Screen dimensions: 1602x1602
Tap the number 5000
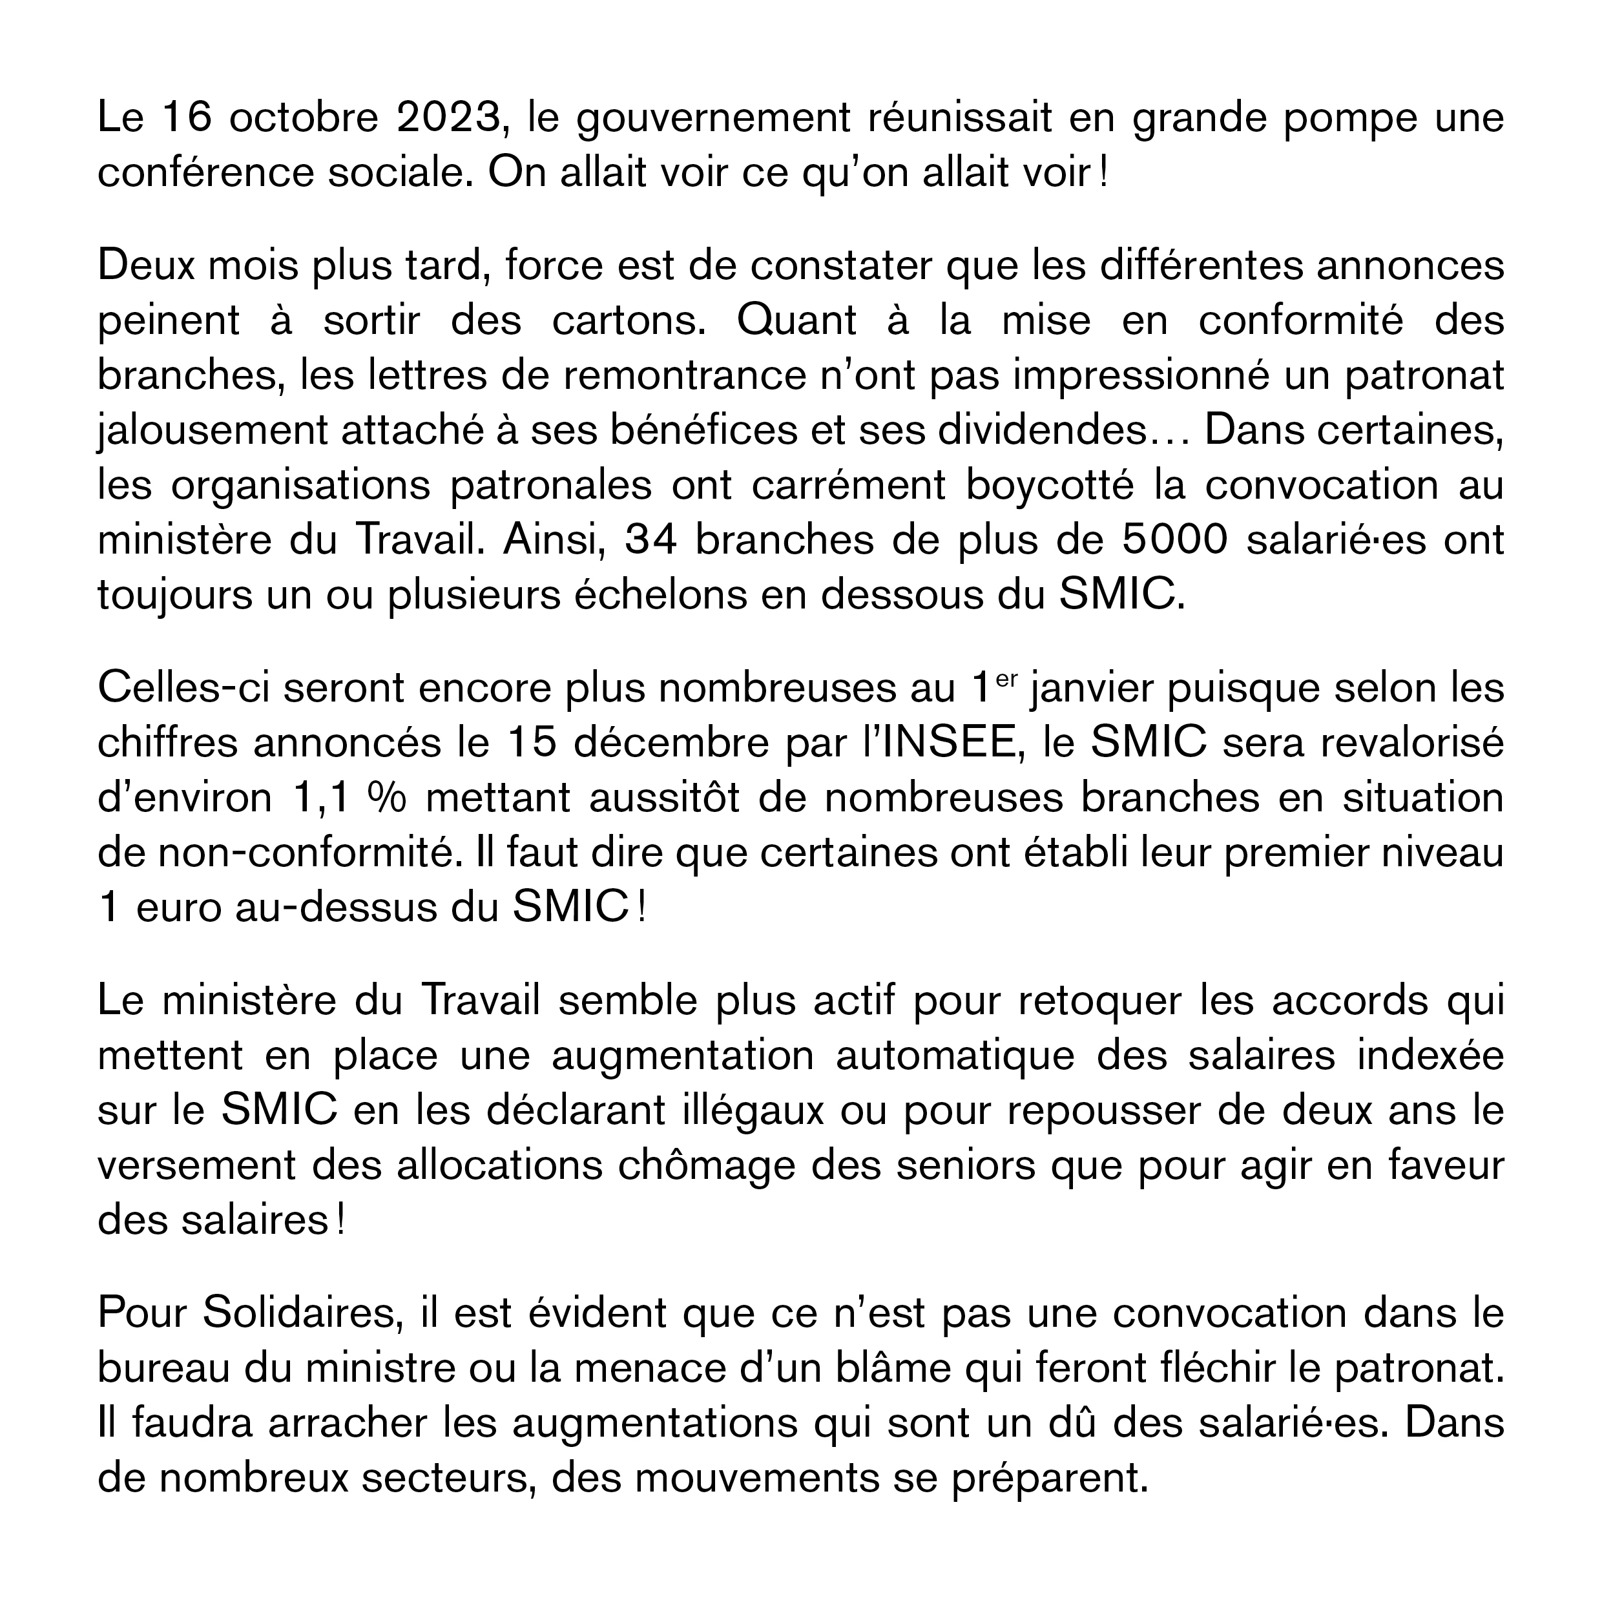1174,540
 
